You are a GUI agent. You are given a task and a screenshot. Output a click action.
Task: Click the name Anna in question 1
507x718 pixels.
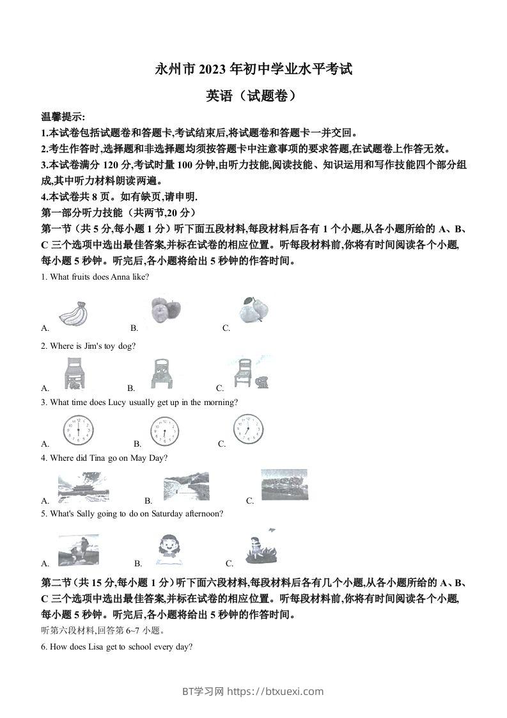pyautogui.click(x=120, y=276)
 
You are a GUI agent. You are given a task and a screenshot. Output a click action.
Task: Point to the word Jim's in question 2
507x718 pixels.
pyautogui.click(x=96, y=346)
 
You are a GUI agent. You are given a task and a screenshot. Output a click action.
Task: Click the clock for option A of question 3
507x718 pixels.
pyautogui.click(x=78, y=430)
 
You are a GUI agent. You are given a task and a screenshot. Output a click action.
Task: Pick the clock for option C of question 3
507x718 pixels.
pyautogui.click(x=247, y=429)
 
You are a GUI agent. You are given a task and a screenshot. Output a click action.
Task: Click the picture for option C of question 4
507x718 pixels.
pyautogui.click(x=285, y=485)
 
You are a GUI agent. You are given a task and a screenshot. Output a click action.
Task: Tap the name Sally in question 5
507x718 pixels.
pyautogui.click(x=86, y=513)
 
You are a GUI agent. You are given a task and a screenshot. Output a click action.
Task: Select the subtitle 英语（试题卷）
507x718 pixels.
pyautogui.click(x=253, y=95)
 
